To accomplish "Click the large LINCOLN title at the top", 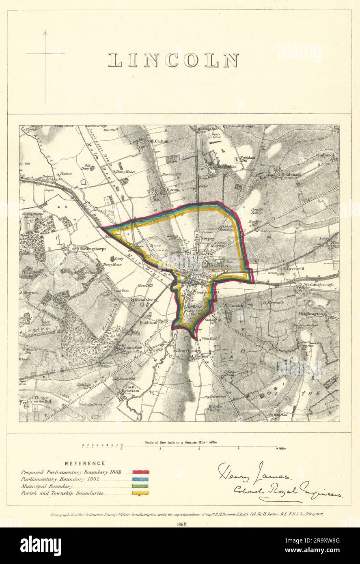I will coord(174,60).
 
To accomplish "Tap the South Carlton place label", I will coord(154,141).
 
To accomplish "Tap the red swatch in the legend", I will coord(140,472).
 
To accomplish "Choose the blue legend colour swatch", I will coord(140,479).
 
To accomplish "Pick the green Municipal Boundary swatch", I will coord(140,486).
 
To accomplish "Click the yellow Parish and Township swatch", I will coord(140,493).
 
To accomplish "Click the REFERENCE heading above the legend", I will coord(85,463).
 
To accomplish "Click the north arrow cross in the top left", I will coord(45,53).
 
